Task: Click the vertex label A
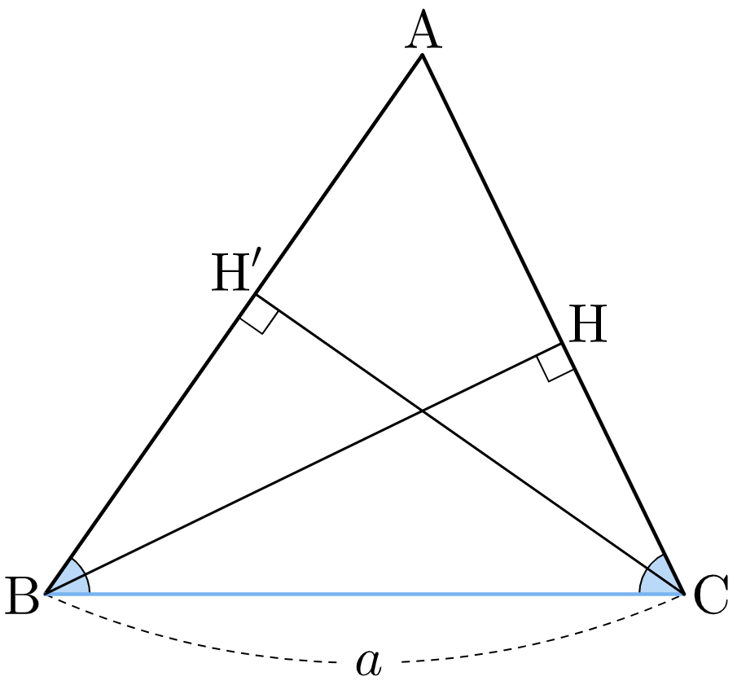point(423,29)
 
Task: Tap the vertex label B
point(22,595)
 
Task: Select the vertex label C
point(711,595)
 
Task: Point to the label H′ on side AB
point(235,273)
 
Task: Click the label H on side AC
point(587,323)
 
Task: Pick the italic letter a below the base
point(369,662)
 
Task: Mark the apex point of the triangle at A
point(423,55)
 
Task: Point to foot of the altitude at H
point(562,344)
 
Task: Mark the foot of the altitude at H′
point(256,294)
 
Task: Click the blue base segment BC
point(364,595)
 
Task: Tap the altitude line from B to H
point(304,468)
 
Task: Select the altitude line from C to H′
point(469,444)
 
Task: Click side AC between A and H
point(492,200)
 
